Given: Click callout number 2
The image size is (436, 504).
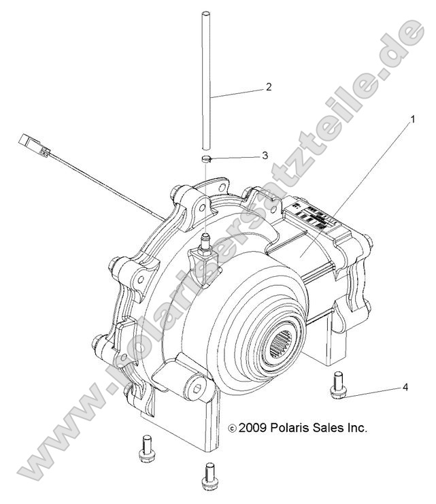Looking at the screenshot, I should pos(269,87).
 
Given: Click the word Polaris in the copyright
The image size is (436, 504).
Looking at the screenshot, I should pos(290,428).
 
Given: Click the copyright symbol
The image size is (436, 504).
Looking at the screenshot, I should pos(233,429).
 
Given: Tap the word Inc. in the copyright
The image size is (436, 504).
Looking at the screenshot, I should pos(355,428).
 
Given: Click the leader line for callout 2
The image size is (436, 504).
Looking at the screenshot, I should pos(238,93).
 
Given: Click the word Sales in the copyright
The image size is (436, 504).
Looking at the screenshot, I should pos(326,428).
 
